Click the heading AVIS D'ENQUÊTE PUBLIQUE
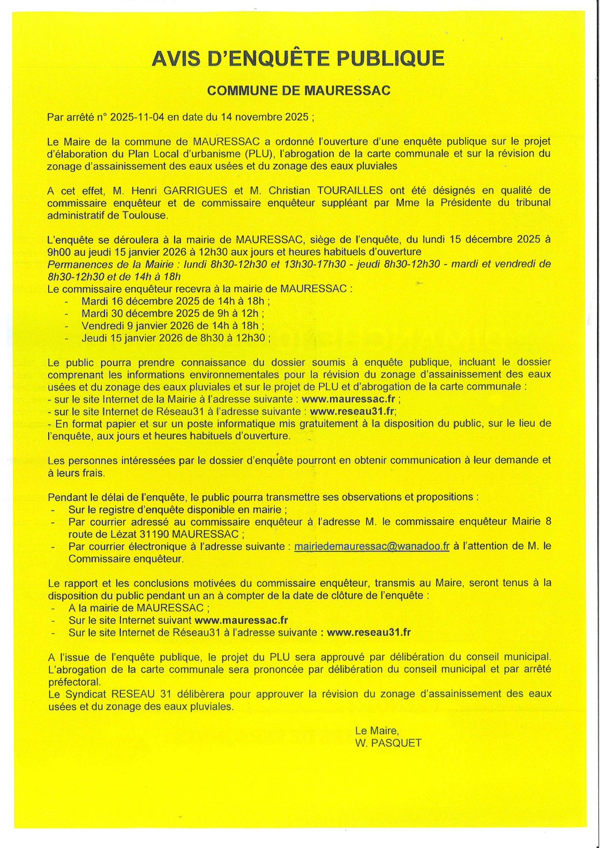coord(298,58)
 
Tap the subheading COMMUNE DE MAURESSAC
coord(298,90)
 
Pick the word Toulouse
coord(146,215)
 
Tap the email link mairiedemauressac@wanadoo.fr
coord(372,547)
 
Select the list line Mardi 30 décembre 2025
coord(172,313)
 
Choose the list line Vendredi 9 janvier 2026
coord(172,325)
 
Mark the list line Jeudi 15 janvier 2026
coord(176,338)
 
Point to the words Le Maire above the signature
coord(376,730)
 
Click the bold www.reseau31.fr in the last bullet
coord(369,632)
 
